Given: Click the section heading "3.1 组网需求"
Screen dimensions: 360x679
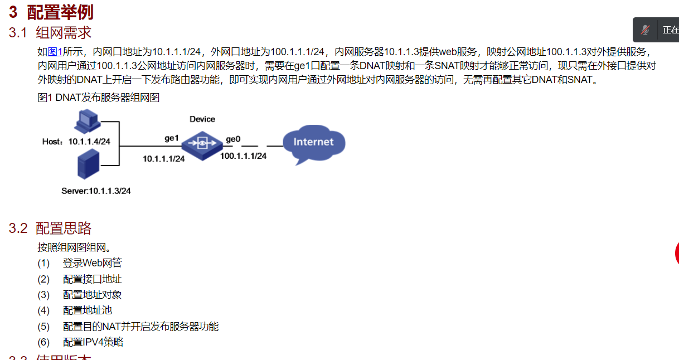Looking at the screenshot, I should [50, 32].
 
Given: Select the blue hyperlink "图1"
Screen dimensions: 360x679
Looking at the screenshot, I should [55, 52].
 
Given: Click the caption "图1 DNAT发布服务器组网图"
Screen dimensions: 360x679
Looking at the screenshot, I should [99, 98].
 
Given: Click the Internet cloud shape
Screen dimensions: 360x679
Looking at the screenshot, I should [313, 143].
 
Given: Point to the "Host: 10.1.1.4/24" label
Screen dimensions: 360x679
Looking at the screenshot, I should [76, 142].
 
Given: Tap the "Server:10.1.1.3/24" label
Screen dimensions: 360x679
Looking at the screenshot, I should [96, 191].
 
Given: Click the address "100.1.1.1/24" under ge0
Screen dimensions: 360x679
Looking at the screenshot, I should [244, 156].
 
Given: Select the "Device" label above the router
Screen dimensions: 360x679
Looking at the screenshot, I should [202, 119].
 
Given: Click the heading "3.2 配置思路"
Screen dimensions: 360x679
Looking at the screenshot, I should [50, 228].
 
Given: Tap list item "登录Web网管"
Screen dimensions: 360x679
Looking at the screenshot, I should [93, 263].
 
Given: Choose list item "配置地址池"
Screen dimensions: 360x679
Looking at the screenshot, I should [88, 310].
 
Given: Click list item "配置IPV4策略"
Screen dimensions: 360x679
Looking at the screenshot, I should [93, 342].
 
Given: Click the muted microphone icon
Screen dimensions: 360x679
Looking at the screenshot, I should [646, 30].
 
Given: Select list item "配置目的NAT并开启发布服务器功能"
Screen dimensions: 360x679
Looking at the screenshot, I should [140, 327].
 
